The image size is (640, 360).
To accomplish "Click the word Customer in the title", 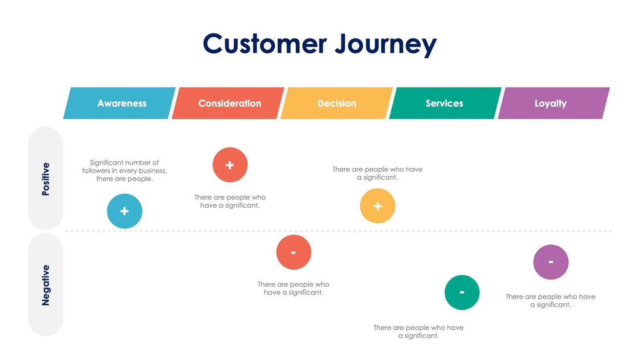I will click(264, 44).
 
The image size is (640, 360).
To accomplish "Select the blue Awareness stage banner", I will click(121, 103).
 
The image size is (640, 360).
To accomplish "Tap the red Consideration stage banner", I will click(229, 103).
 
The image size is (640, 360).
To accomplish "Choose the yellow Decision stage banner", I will click(336, 103).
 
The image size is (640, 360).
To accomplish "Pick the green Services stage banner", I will click(444, 103).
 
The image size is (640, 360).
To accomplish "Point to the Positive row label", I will click(46, 178).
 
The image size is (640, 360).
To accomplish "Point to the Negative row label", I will click(46, 284).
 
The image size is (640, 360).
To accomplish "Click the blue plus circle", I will click(125, 211).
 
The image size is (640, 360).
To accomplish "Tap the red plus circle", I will click(230, 165).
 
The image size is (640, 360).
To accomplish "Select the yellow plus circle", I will click(377, 206).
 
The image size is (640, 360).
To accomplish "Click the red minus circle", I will click(293, 252).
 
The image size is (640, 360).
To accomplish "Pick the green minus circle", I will click(462, 292).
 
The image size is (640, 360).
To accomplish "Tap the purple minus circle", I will click(551, 262).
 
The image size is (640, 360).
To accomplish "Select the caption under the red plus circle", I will click(230, 201).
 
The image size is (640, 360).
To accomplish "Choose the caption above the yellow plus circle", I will click(377, 173).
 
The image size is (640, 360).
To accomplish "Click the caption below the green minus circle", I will click(419, 331).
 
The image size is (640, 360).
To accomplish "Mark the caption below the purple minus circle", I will click(551, 301).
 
